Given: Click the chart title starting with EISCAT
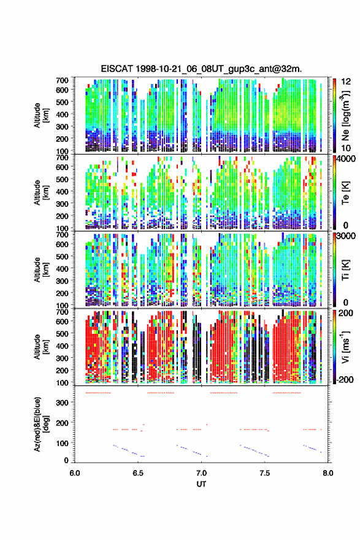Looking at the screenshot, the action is pyautogui.click(x=201, y=69).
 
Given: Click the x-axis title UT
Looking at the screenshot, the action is pyautogui.click(x=201, y=484).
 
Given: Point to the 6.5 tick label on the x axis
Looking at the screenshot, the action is pyautogui.click(x=138, y=473).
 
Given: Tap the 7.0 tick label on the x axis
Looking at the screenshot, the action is pyautogui.click(x=201, y=473).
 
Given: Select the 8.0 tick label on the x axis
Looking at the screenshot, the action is pyautogui.click(x=328, y=473).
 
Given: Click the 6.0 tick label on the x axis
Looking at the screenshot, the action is pyautogui.click(x=75, y=473).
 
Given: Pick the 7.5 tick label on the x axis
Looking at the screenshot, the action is pyautogui.click(x=265, y=473).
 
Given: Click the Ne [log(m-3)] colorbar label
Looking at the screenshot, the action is pyautogui.click(x=345, y=115).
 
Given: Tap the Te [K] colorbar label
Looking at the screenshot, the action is pyautogui.click(x=345, y=193).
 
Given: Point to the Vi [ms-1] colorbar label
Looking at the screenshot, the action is pyautogui.click(x=345, y=347).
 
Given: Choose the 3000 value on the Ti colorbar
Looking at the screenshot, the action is pyautogui.click(x=347, y=236).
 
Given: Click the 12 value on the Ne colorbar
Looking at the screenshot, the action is pyautogui.click(x=347, y=82).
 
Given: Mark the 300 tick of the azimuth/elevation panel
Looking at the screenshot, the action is pyautogui.click(x=62, y=403).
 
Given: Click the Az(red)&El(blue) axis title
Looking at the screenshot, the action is pyautogui.click(x=41, y=424).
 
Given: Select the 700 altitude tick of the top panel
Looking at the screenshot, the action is pyautogui.click(x=62, y=80).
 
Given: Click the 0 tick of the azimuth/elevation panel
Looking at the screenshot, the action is pyautogui.click(x=66, y=460).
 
